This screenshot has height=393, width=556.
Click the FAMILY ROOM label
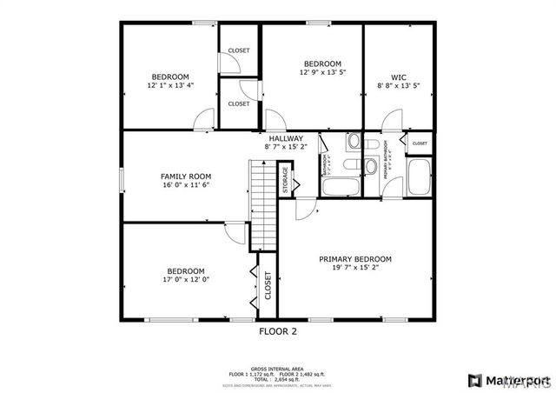(186, 176)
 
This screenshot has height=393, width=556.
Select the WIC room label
(398, 77)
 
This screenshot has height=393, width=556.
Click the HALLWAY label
(285, 138)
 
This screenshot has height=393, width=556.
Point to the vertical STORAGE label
(284, 179)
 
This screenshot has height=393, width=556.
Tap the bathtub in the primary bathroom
(420, 178)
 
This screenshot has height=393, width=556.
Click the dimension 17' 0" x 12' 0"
(186, 280)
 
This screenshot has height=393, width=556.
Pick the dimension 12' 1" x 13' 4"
(170, 86)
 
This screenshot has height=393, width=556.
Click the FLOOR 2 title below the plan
(278, 331)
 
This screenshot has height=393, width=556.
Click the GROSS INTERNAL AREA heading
(278, 368)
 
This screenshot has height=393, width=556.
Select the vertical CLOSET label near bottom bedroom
(268, 284)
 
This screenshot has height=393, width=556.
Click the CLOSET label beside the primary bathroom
(420, 143)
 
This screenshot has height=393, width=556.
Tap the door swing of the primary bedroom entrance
(306, 208)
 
